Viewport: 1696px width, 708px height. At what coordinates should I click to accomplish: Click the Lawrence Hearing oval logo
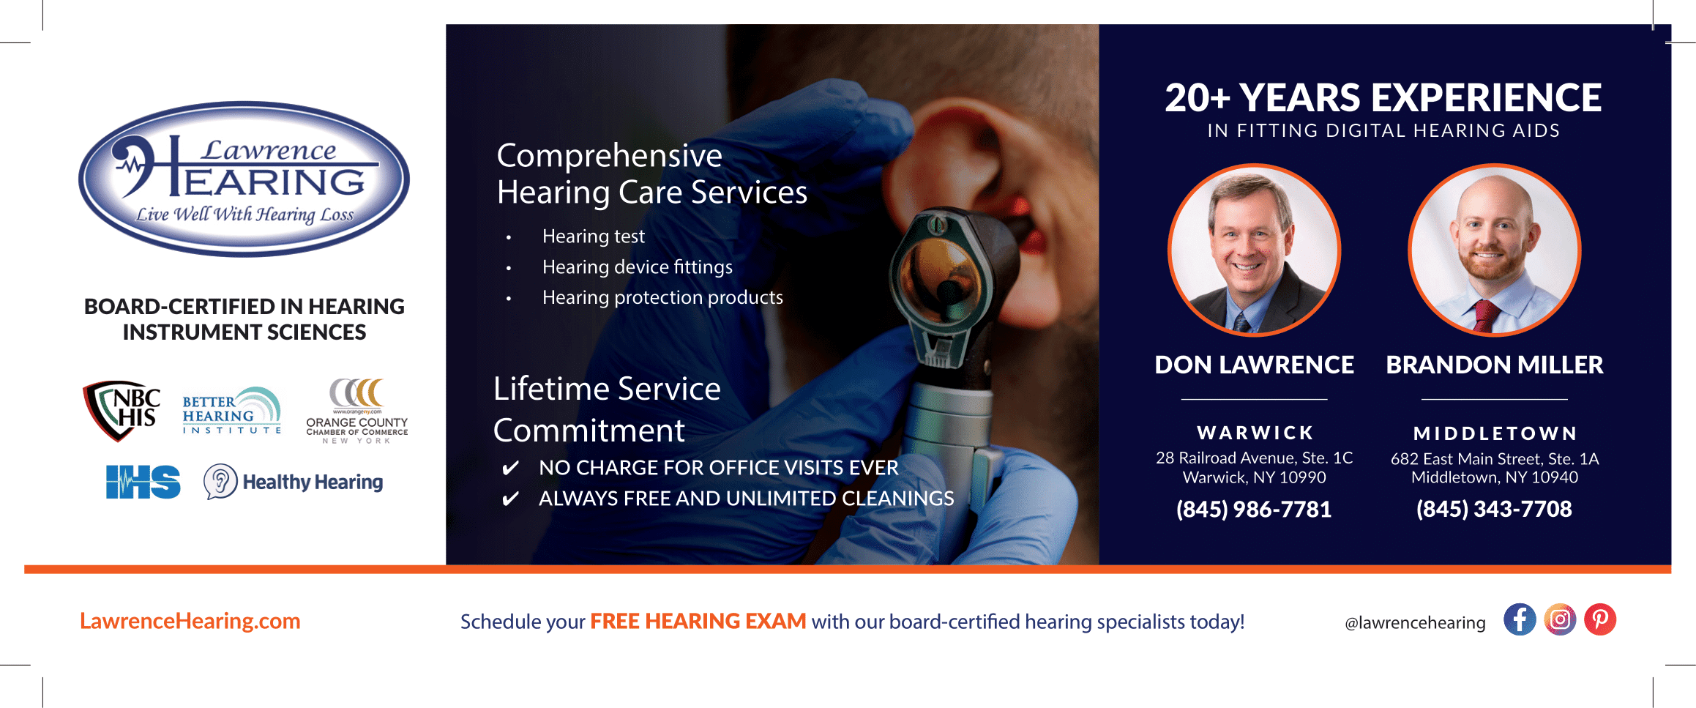[x=244, y=179]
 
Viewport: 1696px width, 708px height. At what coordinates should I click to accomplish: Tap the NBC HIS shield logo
[x=122, y=410]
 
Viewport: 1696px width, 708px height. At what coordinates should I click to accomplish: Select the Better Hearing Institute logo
[x=231, y=411]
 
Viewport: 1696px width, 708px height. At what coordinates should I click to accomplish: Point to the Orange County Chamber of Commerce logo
[x=357, y=411]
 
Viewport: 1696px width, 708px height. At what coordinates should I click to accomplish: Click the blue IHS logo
[x=143, y=482]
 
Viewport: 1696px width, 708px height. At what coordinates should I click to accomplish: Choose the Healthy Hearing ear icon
[x=220, y=482]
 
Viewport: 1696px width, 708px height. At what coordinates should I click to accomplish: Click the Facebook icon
[x=1520, y=620]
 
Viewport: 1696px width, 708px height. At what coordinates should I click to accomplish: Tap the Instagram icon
[x=1560, y=620]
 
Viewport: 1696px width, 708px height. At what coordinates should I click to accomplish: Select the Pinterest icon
[x=1600, y=620]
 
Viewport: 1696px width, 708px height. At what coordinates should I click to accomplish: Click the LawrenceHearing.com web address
[x=190, y=621]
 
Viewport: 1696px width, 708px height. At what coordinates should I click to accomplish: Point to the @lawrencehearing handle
[x=1415, y=622]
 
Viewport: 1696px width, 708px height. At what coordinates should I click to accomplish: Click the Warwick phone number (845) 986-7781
[x=1254, y=509]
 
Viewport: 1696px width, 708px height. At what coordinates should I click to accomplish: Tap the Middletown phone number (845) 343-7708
[x=1494, y=509]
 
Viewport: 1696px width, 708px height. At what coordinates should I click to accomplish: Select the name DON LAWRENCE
[x=1254, y=365]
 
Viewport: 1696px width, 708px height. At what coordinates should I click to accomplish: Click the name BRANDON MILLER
[x=1495, y=365]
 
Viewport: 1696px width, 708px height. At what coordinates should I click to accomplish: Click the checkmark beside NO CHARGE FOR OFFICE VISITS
[x=510, y=468]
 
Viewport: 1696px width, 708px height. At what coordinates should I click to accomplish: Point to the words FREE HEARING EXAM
[x=698, y=621]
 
